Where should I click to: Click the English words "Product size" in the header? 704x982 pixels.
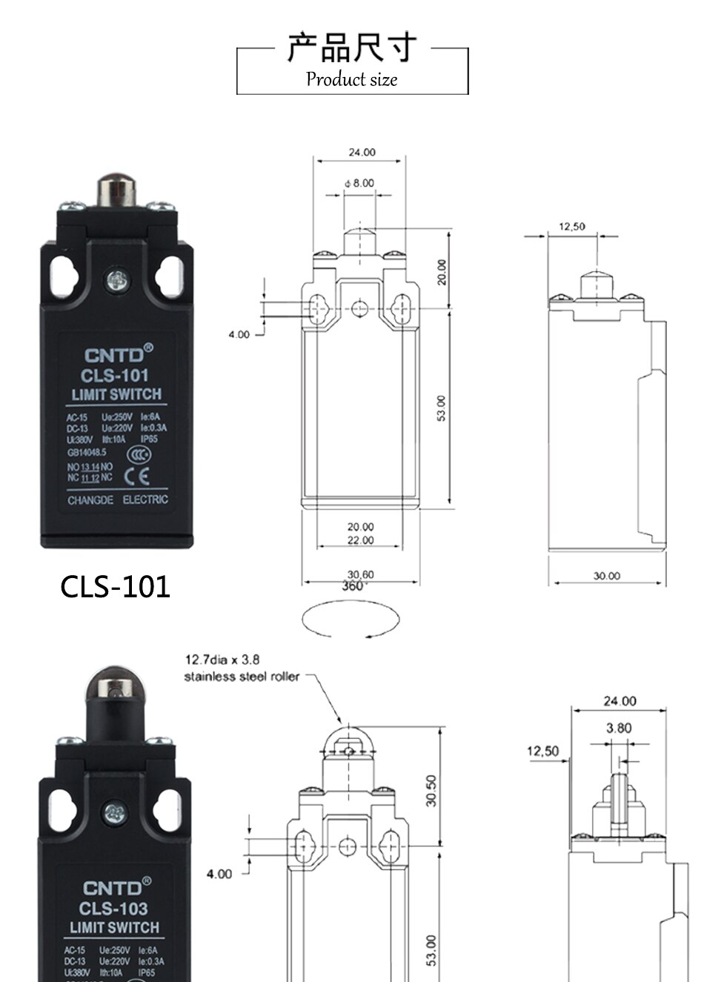pyautogui.click(x=352, y=79)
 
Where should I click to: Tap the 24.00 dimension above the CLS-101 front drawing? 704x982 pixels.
pyautogui.click(x=362, y=152)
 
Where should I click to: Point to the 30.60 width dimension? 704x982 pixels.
pyautogui.click(x=360, y=574)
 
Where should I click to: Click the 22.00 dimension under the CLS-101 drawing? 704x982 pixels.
pyautogui.click(x=361, y=540)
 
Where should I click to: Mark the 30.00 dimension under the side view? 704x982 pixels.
pyautogui.click(x=606, y=575)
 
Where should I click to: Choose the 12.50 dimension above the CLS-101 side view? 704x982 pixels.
pyautogui.click(x=571, y=226)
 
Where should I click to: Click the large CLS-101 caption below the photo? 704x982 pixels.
pyautogui.click(x=115, y=586)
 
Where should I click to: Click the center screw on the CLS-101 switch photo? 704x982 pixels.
pyautogui.click(x=116, y=280)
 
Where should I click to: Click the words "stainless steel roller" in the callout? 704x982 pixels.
pyautogui.click(x=242, y=676)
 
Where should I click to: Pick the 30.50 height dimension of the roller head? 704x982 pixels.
pyautogui.click(x=431, y=790)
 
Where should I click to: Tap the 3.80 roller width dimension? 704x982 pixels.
pyautogui.click(x=619, y=728)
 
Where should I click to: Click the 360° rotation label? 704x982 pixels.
pyautogui.click(x=355, y=586)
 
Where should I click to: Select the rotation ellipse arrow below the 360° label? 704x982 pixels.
pyautogui.click(x=352, y=619)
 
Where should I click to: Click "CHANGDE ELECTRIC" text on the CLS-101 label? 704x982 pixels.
pyautogui.click(x=118, y=500)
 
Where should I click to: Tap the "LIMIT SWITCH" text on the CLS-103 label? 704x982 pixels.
pyautogui.click(x=115, y=927)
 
